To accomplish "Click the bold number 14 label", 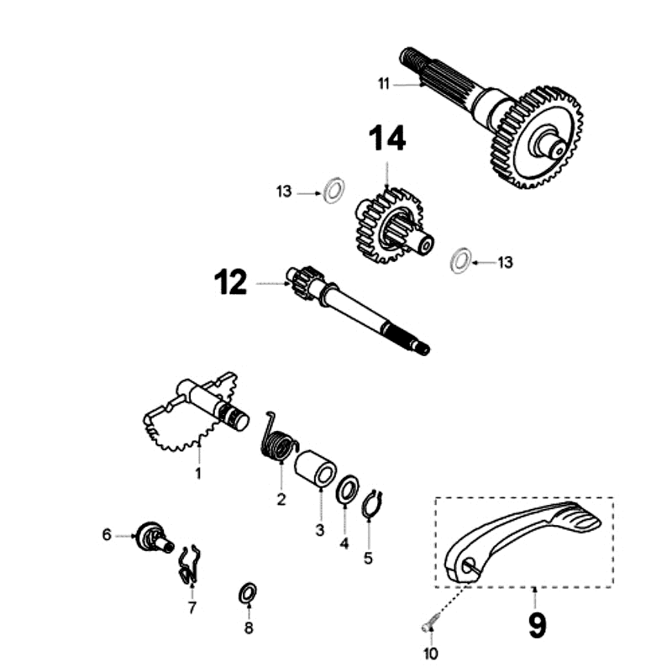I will coord(385,139).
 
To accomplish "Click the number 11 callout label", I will coord(384,82).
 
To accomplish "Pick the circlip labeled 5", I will coord(372,506).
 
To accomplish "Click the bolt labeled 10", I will coord(430,624).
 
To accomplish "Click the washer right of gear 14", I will coord(460,260).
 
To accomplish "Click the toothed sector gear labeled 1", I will coord(181,424).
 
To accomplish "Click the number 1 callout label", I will coord(198,474).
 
